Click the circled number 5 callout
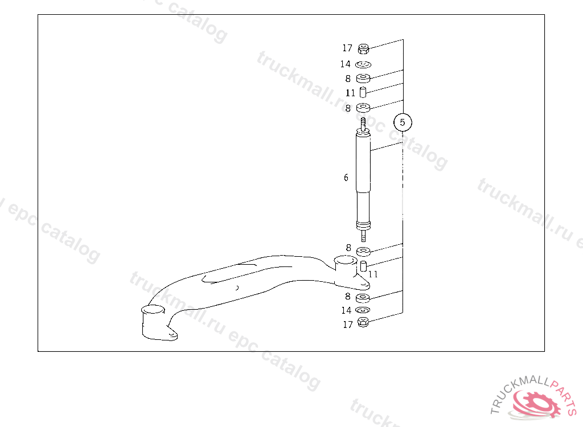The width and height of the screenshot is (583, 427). pyautogui.click(x=403, y=122)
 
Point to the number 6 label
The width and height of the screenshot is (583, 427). pyautogui.click(x=346, y=178)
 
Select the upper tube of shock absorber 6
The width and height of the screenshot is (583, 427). pyautogui.click(x=363, y=162)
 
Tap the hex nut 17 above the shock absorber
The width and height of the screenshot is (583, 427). pyautogui.click(x=363, y=49)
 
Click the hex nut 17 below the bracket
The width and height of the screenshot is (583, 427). pyautogui.click(x=363, y=322)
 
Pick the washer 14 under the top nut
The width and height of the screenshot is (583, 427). pyautogui.click(x=363, y=65)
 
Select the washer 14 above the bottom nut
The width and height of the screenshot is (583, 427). pyautogui.click(x=363, y=310)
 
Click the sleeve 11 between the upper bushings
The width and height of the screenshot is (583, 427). pyautogui.click(x=363, y=92)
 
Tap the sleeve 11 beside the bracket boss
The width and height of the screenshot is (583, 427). pyautogui.click(x=363, y=266)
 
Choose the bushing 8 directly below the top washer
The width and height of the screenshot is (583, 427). pyautogui.click(x=363, y=78)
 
